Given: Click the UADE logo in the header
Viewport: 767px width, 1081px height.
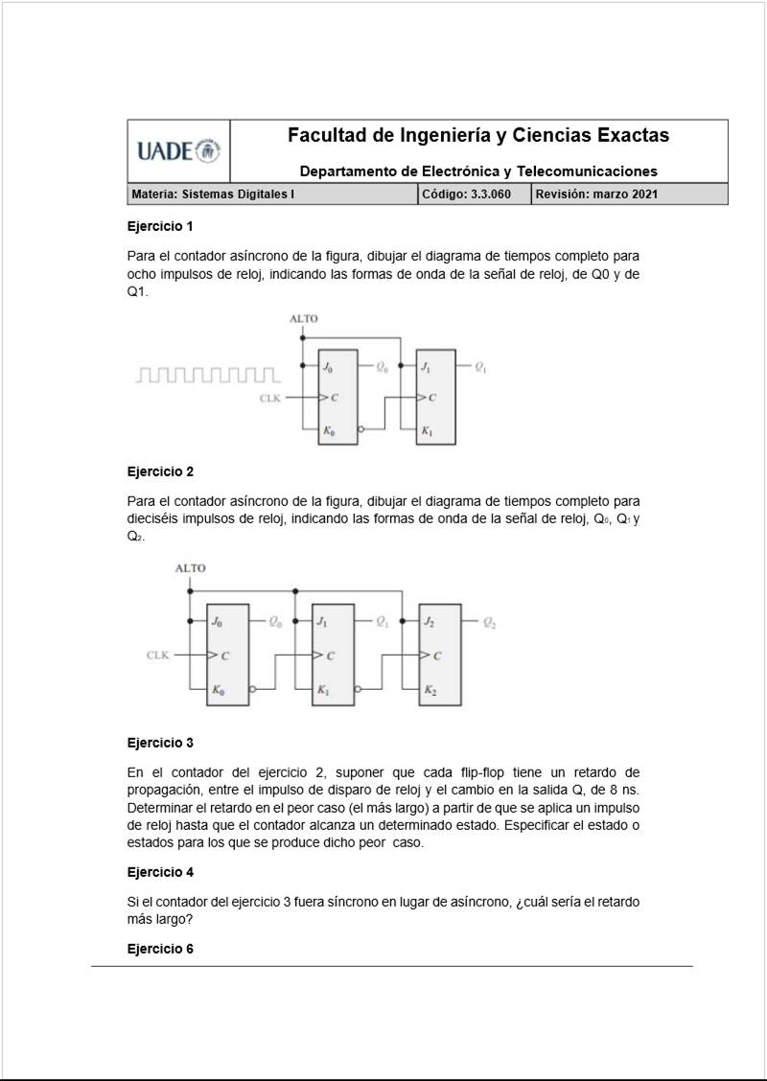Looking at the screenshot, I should [x=178, y=151].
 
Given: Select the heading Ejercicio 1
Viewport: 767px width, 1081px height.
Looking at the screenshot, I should [x=160, y=227].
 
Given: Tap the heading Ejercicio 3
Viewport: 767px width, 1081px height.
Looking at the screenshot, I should [x=160, y=743].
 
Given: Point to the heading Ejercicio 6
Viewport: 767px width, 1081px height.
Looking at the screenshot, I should [x=160, y=950].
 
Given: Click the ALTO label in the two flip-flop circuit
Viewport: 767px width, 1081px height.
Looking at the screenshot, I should [x=303, y=319].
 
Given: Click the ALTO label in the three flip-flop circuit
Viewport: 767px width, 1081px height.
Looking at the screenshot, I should [x=190, y=568].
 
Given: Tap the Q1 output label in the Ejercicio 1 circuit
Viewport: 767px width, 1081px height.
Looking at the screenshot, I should [x=479, y=368].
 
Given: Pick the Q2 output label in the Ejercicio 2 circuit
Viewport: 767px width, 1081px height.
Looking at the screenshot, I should [x=490, y=623].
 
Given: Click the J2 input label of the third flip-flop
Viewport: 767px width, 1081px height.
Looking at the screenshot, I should [x=429, y=623].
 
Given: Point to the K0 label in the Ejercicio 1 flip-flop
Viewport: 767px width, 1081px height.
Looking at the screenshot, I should [x=329, y=432].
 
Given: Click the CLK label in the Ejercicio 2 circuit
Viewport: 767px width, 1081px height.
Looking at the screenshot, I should [x=157, y=655].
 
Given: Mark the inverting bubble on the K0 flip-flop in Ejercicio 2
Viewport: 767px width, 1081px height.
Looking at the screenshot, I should [x=252, y=689].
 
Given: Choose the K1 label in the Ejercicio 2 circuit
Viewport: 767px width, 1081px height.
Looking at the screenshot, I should [x=323, y=690].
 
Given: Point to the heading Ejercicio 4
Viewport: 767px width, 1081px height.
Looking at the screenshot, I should [x=160, y=873].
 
